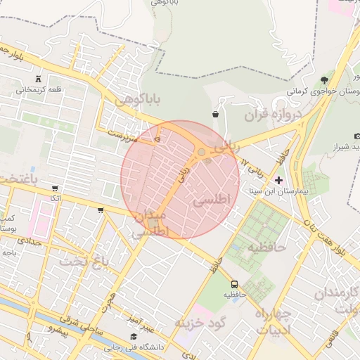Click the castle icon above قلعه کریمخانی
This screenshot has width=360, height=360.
click(x=37, y=77)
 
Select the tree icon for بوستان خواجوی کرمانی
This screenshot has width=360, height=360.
click(x=323, y=79)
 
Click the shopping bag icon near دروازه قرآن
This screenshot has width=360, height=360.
click(x=214, y=113)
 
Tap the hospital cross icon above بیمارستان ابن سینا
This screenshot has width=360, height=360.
click(x=278, y=180)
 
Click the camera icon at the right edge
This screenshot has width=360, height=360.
click(x=357, y=135)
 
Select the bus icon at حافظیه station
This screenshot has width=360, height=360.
click(x=234, y=283)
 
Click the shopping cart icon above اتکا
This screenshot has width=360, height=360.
click(x=55, y=188)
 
